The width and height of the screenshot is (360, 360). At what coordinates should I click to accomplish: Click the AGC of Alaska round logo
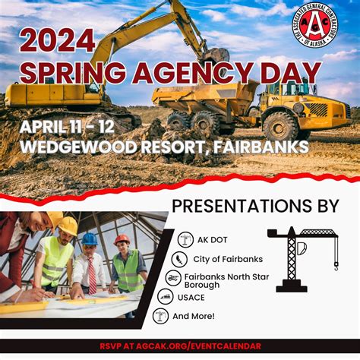pyautogui.click(x=317, y=31)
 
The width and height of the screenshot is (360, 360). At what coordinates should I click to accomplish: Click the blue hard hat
pyautogui.click(x=90, y=238)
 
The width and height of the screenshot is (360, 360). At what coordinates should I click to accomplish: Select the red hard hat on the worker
pyautogui.click(x=122, y=239)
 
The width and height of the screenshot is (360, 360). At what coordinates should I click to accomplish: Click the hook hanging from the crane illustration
pyautogui.click(x=335, y=265)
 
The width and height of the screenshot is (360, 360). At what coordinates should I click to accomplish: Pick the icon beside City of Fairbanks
pyautogui.click(x=181, y=258)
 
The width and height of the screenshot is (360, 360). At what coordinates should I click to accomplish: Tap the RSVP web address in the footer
pyautogui.click(x=180, y=346)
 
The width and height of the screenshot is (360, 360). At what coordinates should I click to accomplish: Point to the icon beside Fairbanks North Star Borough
pyautogui.click(x=173, y=278)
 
